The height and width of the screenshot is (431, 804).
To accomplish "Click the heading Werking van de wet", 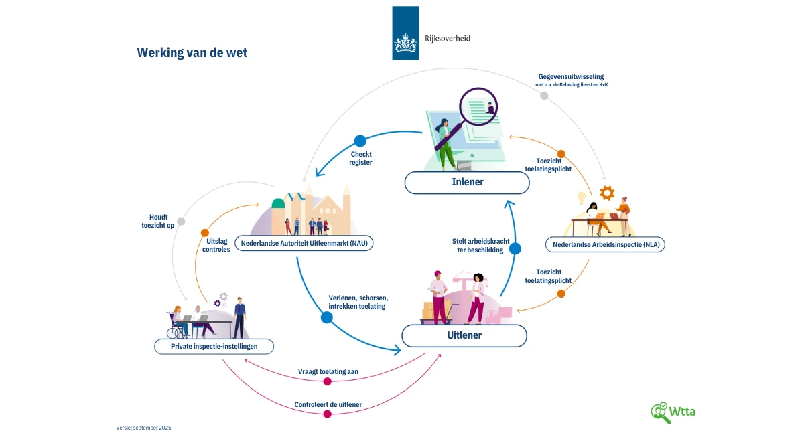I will pos(192,52).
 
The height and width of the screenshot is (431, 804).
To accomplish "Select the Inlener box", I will pos(467,182).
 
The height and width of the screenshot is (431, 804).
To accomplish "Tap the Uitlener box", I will pos(464,335).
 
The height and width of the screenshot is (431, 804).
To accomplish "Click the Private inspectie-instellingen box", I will pos(205,346).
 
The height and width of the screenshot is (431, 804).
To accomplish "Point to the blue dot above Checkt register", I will pos(360,141).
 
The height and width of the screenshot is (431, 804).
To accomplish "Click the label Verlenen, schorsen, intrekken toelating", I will pos(358,302).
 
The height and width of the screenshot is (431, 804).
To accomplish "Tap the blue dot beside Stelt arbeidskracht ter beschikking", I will pos(515,249).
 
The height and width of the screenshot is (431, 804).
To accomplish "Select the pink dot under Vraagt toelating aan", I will pos(327,381).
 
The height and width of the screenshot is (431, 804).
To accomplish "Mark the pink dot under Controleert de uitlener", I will pos(328,414).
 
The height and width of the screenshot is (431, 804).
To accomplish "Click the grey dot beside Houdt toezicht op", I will pos(181,222).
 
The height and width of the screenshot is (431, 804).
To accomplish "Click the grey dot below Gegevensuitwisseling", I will pos(544,96).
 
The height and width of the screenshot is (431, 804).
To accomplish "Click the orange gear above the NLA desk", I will pos(607,193).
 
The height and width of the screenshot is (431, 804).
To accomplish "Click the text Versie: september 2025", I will pos(144,427).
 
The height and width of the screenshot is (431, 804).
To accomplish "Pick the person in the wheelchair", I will pos(178,323).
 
